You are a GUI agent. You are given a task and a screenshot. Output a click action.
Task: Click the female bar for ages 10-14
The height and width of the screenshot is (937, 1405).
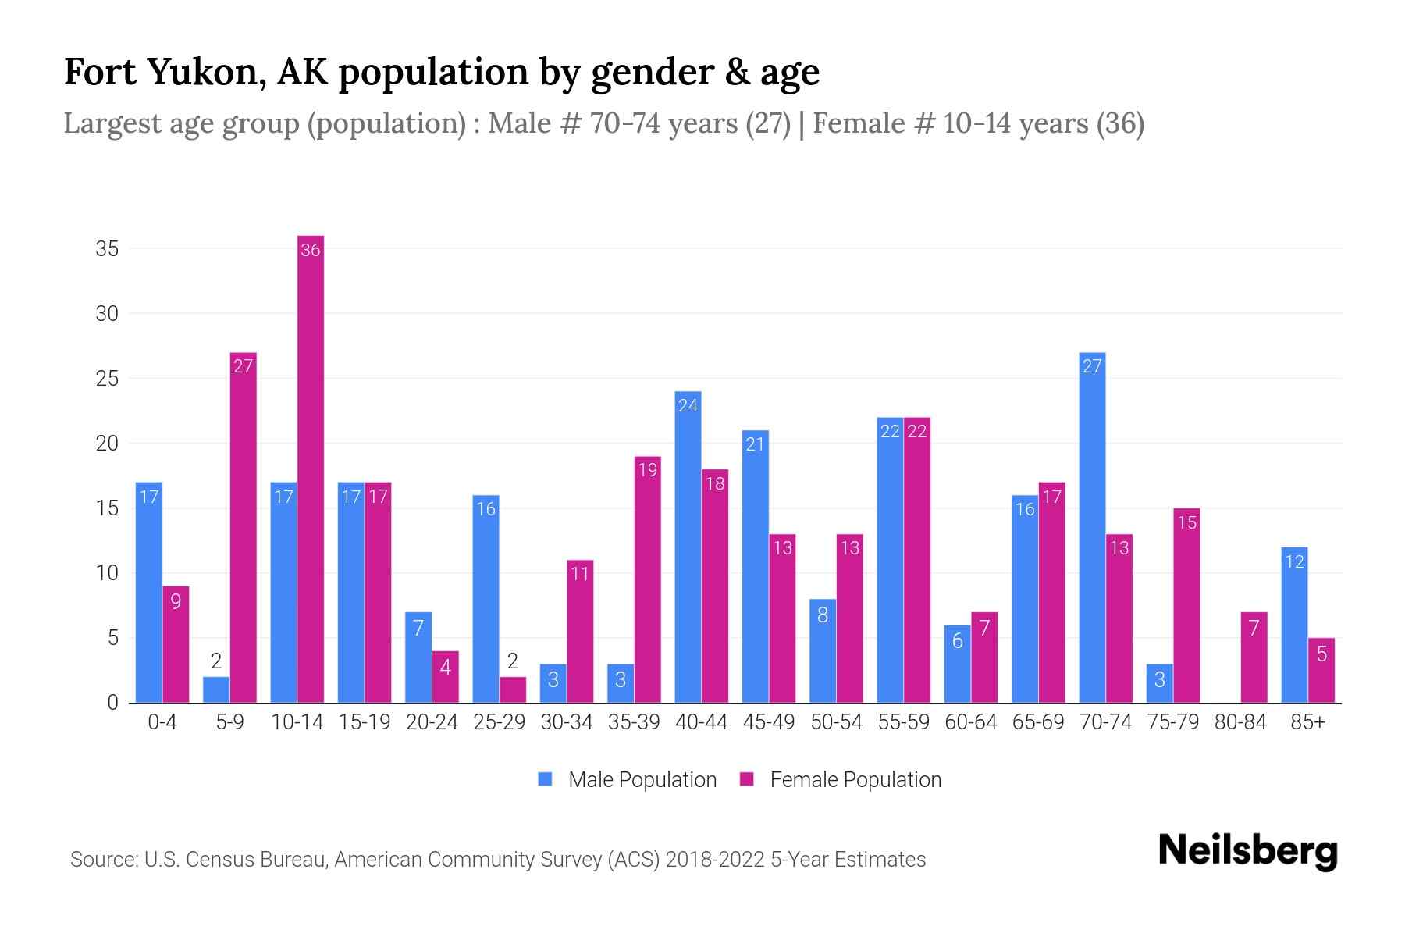311,468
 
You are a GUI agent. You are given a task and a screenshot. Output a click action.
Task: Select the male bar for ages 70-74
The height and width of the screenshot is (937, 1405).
1092,528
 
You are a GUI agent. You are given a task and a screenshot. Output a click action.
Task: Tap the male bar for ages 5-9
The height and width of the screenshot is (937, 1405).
216,690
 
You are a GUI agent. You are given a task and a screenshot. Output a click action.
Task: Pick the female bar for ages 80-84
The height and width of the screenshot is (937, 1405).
1254,657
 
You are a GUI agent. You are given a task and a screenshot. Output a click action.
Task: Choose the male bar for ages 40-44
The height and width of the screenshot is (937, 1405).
688,547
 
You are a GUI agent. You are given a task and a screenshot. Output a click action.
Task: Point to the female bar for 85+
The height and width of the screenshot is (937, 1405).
1321,671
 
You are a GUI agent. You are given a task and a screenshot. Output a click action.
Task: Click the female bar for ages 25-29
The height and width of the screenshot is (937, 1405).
513,690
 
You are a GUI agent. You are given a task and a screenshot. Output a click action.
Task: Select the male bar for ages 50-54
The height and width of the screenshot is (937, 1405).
823,651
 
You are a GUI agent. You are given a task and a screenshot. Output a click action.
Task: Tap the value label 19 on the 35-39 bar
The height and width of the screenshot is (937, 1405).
648,470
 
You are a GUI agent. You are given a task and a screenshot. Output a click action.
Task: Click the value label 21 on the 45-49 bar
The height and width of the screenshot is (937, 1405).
755,444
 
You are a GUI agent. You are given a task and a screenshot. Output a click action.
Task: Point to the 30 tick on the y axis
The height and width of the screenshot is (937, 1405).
107,314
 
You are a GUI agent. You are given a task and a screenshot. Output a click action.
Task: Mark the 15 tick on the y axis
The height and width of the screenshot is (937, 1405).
107,508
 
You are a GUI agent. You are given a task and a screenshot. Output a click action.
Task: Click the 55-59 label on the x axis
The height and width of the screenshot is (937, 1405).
903,722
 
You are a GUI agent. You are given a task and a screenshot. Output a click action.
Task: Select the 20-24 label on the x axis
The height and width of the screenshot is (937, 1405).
432,722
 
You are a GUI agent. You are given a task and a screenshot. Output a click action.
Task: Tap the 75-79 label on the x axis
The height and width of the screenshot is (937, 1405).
1172,722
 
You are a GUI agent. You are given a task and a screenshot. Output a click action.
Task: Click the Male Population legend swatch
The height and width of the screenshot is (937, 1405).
545,779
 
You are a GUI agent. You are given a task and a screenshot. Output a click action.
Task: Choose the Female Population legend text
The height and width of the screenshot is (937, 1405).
855,779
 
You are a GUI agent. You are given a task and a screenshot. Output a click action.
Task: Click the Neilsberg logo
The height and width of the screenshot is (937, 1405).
1247,851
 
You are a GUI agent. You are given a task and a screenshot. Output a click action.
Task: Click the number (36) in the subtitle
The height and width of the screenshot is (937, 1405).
1120,123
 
